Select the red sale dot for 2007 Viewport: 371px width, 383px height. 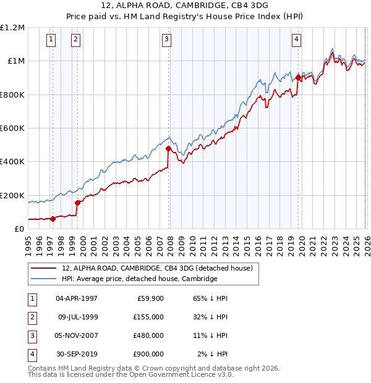point(168,148)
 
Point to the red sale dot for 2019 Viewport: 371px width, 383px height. point(298,77)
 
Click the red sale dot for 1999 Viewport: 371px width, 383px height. point(77,203)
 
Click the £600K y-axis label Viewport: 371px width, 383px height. point(12,128)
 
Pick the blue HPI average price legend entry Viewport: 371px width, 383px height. point(139,279)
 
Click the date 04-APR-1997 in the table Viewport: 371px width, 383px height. point(77,298)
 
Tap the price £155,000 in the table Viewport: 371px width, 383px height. point(148,317)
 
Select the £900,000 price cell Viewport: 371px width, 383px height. point(148,355)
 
